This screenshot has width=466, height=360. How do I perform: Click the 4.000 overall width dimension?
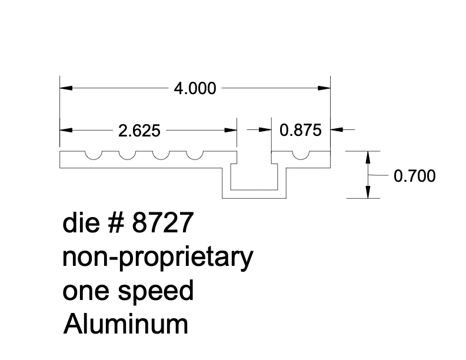[194, 89]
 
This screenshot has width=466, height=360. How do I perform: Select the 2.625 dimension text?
[139, 131]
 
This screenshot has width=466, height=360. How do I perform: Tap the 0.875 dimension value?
[301, 130]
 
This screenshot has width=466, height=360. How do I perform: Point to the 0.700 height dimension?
[414, 175]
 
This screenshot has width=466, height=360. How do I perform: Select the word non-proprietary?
[158, 258]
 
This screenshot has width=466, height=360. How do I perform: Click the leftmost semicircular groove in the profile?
[92, 155]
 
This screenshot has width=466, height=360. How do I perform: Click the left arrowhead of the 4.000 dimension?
[65, 89]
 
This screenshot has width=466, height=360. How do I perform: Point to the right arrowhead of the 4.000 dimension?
[324, 89]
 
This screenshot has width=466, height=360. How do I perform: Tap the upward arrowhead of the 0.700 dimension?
[368, 157]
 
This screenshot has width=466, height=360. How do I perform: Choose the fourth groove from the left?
[194, 155]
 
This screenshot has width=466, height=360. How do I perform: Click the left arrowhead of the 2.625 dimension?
[65, 130]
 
